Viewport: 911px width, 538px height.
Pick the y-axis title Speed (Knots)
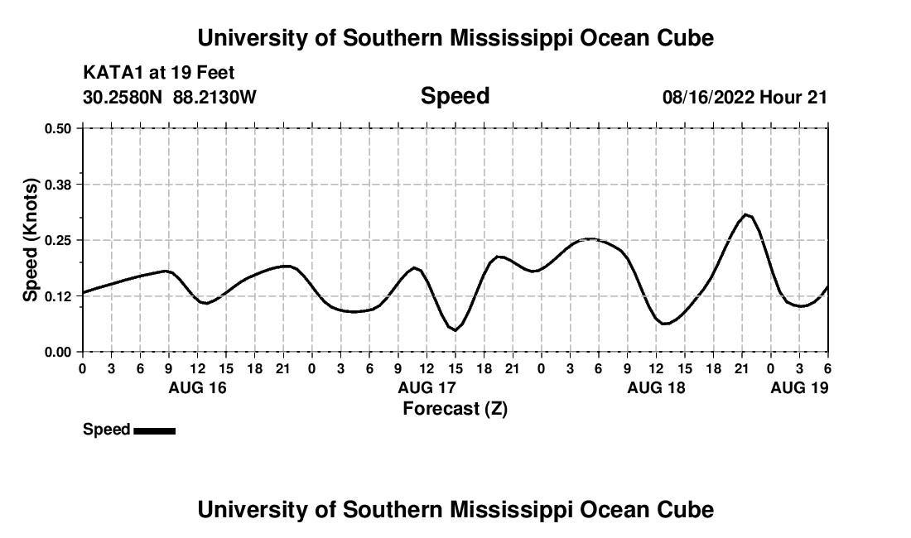coord(31,239)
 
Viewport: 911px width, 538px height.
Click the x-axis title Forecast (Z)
coord(455,408)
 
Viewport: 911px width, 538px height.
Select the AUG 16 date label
coord(197,387)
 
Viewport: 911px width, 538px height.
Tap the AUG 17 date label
coord(427,387)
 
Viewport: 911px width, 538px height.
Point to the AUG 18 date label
coord(656,387)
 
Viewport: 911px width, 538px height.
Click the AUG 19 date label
coord(799,387)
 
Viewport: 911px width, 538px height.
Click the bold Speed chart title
coord(455,96)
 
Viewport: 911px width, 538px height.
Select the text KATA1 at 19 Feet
coord(159,73)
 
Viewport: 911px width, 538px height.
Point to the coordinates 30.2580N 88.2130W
coord(170,97)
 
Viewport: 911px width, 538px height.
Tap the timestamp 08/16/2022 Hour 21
coord(745,97)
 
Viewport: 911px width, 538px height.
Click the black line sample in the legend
coord(154,430)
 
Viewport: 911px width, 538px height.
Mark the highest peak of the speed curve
coord(746,214)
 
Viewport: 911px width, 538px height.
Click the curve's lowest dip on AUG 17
coord(455,330)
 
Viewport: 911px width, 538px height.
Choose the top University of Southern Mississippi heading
coord(455,37)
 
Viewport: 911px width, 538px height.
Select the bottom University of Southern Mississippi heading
coord(455,509)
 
